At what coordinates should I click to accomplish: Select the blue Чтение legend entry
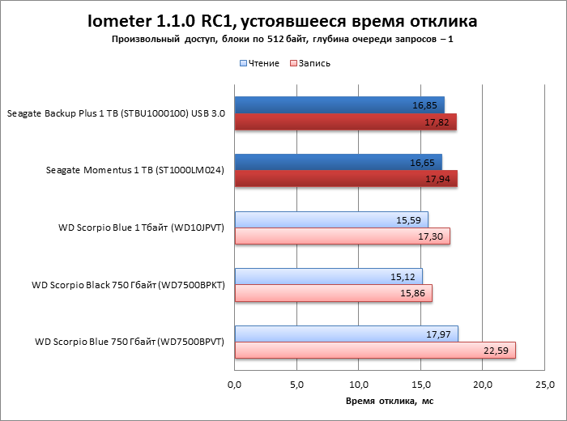pos(259,62)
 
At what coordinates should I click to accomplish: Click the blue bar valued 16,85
pos(339,104)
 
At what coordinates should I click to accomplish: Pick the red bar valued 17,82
pos(345,121)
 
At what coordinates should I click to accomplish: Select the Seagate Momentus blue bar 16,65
pos(338,162)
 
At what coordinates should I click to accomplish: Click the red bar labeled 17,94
pos(346,179)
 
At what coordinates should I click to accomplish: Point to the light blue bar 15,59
pos(331,219)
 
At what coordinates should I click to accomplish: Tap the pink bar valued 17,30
pos(342,236)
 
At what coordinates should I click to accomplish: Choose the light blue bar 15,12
pos(328,276)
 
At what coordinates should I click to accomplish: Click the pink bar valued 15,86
pos(333,293)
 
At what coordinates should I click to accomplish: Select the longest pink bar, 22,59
pos(375,350)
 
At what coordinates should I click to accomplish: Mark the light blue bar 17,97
pos(346,334)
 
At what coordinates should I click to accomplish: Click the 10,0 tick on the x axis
pos(359,384)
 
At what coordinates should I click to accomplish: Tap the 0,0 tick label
pos(235,384)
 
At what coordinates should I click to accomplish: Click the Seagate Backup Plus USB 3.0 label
pos(116,113)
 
